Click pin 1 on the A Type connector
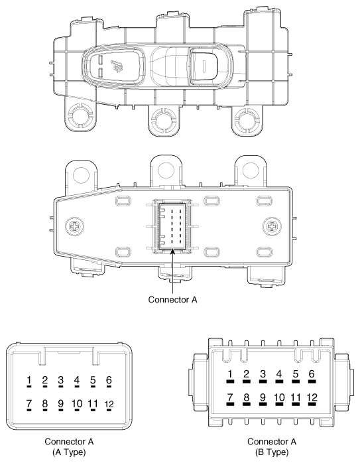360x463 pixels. click(x=29, y=381)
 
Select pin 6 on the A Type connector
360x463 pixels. click(x=109, y=381)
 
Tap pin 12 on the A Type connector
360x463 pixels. click(x=109, y=404)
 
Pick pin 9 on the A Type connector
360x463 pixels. click(x=61, y=403)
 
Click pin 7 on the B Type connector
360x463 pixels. click(x=230, y=398)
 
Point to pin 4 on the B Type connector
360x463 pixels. click(x=278, y=375)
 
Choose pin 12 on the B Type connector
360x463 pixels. click(x=312, y=398)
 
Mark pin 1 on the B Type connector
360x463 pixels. click(x=230, y=375)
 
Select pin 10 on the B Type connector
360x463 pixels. click(x=278, y=398)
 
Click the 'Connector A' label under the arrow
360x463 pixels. click(x=172, y=298)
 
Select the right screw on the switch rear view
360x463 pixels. click(x=271, y=225)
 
